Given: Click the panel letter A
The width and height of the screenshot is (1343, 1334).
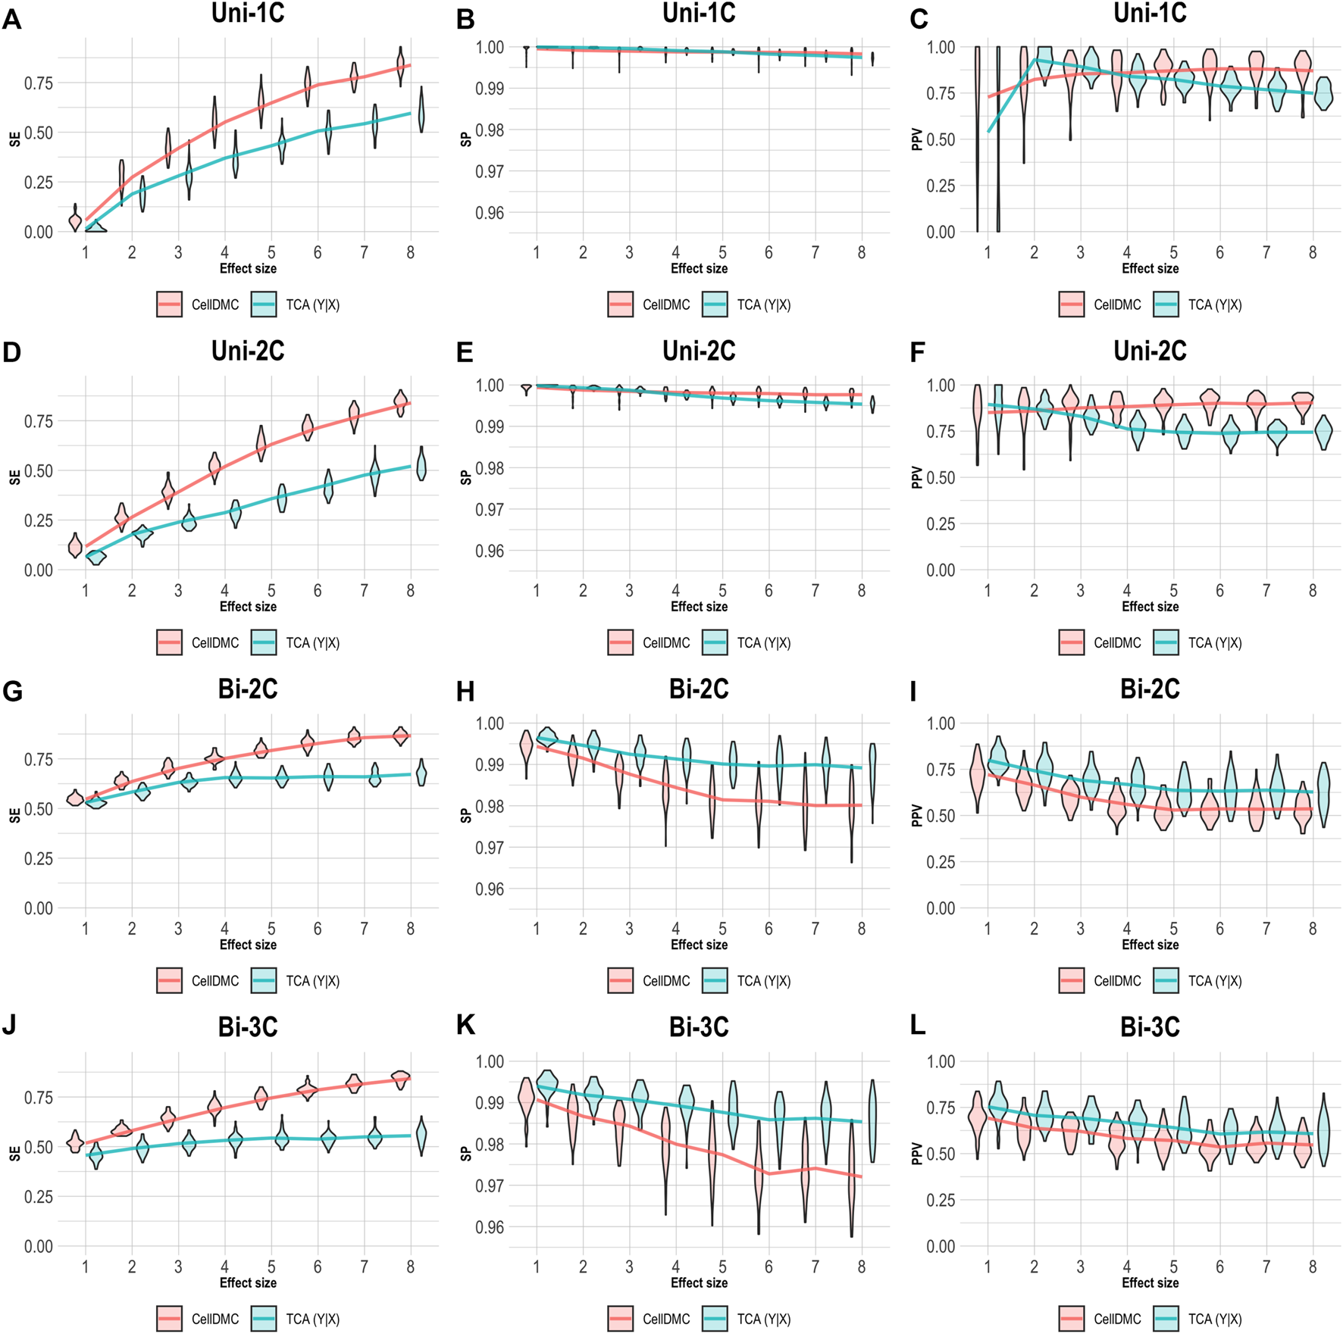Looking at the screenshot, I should tap(11, 18).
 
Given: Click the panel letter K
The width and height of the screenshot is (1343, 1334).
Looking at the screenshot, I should tap(465, 1025).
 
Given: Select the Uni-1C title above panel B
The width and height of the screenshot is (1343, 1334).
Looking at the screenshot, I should tap(699, 13).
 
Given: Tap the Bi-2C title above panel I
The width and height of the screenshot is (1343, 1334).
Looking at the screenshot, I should tap(1150, 689).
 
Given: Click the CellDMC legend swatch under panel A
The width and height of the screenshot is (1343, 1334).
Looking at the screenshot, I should tap(169, 305).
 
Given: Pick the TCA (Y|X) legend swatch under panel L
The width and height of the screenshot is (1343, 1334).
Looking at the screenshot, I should tap(1166, 1319).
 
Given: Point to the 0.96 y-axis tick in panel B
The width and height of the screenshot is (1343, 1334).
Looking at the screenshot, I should tap(489, 213).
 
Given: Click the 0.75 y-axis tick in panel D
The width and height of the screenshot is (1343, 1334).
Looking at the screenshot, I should tap(38, 421).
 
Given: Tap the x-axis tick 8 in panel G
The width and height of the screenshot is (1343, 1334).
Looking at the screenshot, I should tap(410, 929).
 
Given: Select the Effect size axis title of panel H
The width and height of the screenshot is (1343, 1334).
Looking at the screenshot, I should tap(699, 945).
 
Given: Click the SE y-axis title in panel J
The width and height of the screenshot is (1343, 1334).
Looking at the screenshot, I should tap(14, 1153).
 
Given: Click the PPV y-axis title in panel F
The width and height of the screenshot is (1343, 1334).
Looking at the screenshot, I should tap(917, 477).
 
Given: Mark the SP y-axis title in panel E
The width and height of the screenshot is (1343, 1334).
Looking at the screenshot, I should tap(466, 477).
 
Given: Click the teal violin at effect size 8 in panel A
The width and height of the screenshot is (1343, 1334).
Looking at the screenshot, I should tap(421, 110).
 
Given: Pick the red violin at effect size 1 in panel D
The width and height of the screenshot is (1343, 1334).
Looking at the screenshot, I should tap(75, 545).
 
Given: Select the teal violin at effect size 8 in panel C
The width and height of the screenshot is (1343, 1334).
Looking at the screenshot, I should tap(1323, 93).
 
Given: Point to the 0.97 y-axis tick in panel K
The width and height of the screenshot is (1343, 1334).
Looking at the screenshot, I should tap(489, 1186).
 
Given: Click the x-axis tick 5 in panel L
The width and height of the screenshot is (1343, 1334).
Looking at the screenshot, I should tap(1173, 1267).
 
